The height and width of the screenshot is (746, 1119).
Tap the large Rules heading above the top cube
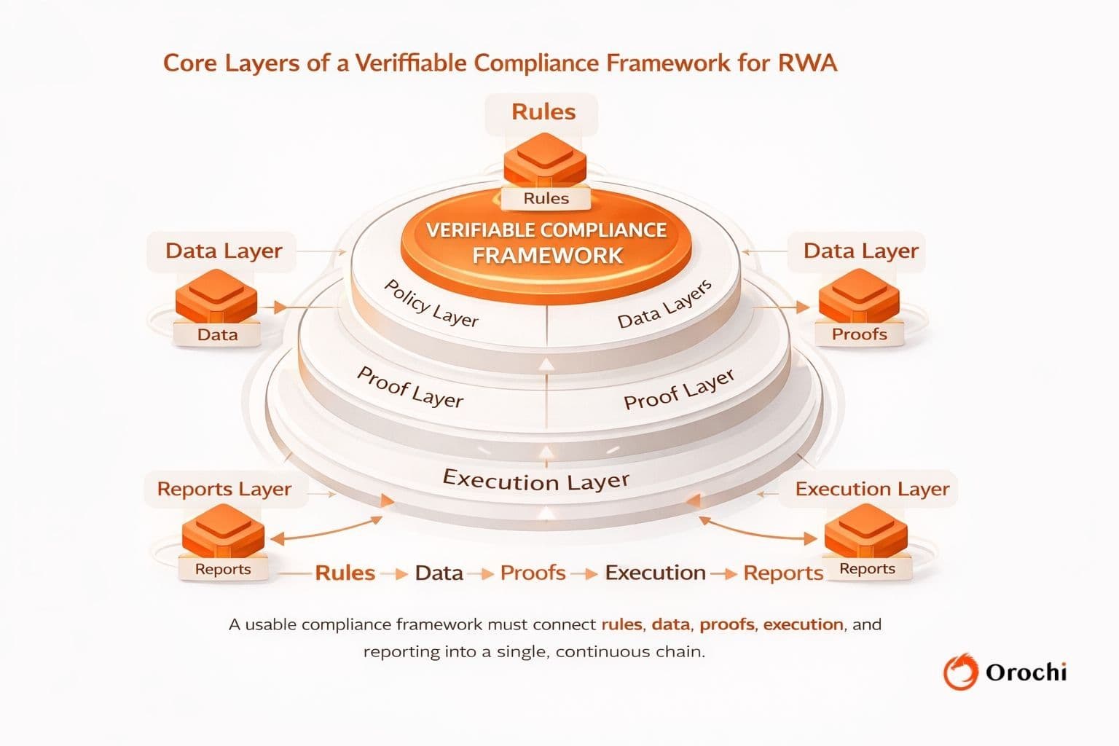[x=543, y=112]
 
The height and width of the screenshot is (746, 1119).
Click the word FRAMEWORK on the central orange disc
[x=547, y=256]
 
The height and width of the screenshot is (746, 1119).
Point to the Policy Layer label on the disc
[x=431, y=303]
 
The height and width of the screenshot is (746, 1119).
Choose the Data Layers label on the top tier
[x=664, y=305]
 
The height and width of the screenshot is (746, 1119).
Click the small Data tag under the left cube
[x=218, y=334]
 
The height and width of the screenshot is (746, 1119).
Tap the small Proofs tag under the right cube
[x=860, y=334]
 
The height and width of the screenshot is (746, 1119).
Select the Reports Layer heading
[x=224, y=489]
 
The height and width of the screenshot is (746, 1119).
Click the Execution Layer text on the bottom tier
[x=536, y=481]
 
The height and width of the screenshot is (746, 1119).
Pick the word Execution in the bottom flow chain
[x=655, y=573]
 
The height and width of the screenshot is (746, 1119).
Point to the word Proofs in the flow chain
[x=533, y=573]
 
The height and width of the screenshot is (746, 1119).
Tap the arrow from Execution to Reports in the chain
[x=724, y=573]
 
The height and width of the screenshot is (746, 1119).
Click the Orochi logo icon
[x=960, y=671]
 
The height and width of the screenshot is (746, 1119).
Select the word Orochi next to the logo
[x=1026, y=672]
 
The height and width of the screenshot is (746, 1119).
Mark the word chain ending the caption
[x=680, y=651]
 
